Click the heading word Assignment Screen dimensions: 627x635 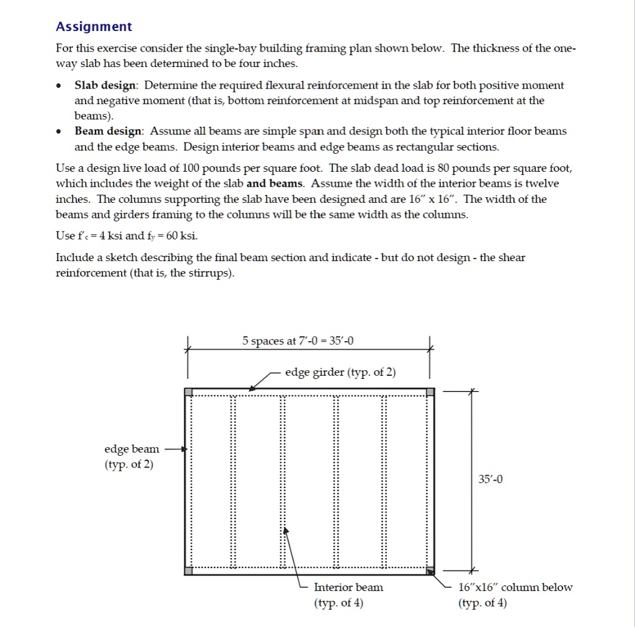point(94,27)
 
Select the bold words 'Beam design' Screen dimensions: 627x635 point(109,131)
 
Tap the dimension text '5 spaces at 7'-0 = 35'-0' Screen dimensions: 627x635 point(298,341)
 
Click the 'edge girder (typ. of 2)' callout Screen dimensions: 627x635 point(340,372)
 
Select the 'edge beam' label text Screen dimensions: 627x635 point(131,448)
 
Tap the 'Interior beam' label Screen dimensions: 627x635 point(349,587)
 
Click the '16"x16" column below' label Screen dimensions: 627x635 point(515,587)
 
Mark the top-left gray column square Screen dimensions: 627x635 point(189,392)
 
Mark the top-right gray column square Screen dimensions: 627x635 point(430,392)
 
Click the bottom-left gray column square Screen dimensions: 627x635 point(189,571)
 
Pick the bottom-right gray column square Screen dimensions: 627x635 point(430,571)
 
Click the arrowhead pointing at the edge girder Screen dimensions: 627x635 point(251,388)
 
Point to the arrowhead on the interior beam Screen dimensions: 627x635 point(285,531)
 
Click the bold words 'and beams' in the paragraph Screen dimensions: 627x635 point(275,184)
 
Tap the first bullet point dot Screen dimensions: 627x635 point(59,86)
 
